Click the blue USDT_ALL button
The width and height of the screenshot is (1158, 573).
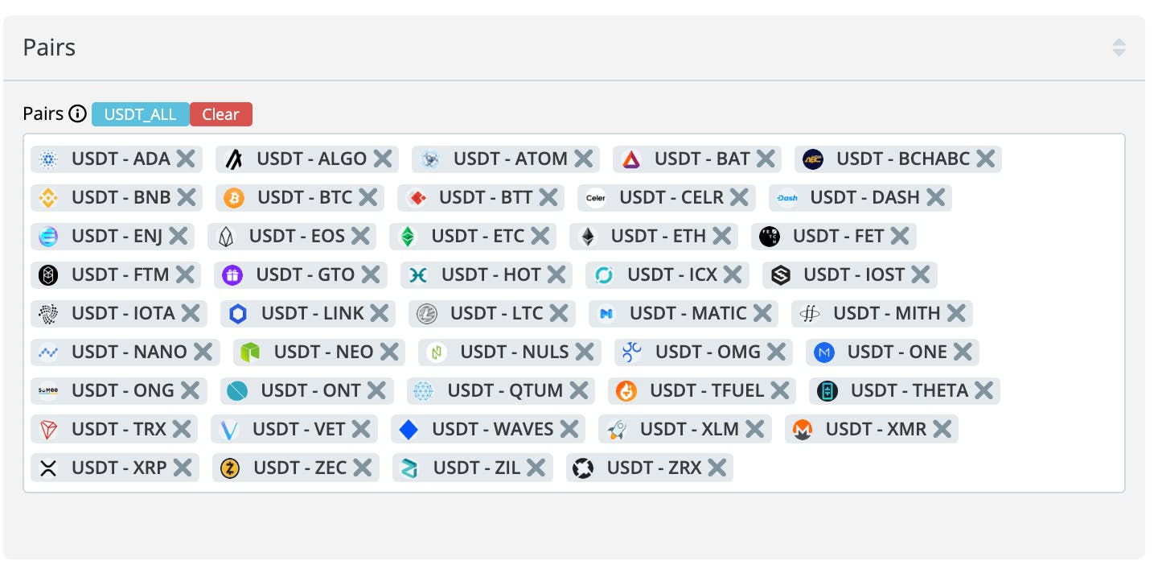(x=141, y=114)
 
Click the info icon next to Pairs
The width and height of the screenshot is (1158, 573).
(x=77, y=113)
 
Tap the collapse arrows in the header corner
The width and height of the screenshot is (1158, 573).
(x=1119, y=47)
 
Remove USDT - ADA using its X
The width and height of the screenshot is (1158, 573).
(x=186, y=159)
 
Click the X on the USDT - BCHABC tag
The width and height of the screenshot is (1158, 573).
(x=986, y=159)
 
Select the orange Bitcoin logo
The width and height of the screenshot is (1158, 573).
(x=234, y=197)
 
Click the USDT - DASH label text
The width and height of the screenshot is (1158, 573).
(x=864, y=197)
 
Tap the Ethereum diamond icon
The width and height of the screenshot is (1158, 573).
(x=588, y=237)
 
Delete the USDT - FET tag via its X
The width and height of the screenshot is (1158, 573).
(x=900, y=237)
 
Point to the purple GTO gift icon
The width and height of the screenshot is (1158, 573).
(x=232, y=274)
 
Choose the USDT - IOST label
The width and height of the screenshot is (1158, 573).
(x=854, y=274)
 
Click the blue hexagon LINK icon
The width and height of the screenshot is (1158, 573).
(x=238, y=313)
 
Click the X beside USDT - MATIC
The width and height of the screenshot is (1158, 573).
(x=762, y=313)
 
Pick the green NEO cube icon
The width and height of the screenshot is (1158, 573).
(x=250, y=352)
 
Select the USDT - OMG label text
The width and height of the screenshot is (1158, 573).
(x=708, y=352)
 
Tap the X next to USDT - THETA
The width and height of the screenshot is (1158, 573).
(x=983, y=390)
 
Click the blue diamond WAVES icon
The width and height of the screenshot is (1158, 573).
(x=409, y=429)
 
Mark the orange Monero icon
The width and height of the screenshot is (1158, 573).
(x=803, y=429)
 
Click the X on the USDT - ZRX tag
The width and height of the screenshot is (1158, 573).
(x=717, y=468)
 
